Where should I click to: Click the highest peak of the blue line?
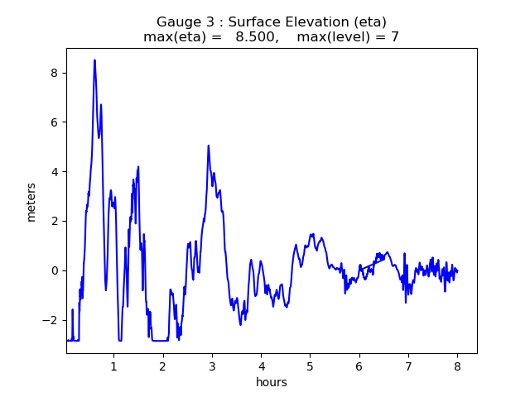tap(94, 60)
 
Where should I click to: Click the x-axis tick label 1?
tap(113, 366)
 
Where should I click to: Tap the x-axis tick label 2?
tap(163, 366)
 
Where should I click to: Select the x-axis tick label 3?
tap(212, 366)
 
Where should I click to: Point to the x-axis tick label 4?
tap(261, 366)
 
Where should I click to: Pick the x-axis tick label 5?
tap(310, 366)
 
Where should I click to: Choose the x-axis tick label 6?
tap(359, 366)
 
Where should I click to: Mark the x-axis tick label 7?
tap(408, 366)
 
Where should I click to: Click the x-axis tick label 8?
tap(457, 366)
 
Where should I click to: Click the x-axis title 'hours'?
tap(272, 382)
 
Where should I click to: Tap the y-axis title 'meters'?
tap(31, 202)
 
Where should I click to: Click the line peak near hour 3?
tap(209, 146)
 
